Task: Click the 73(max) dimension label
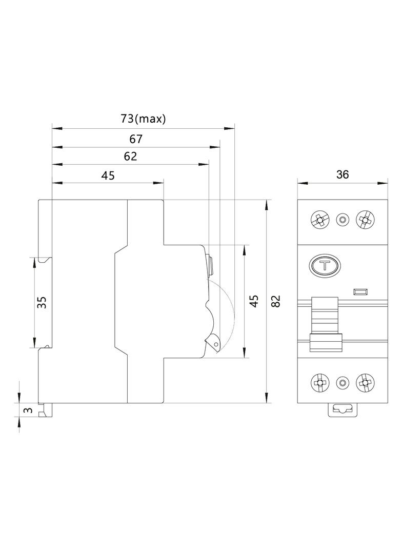coord(143,119)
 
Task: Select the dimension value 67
coord(136,139)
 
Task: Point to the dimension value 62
coord(131,157)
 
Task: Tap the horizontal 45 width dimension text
coord(108,175)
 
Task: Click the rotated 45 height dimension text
coord(253,301)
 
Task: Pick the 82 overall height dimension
coord(275,301)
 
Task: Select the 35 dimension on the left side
coord(43,302)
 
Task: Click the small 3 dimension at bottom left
coord(28,410)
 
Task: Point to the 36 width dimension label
coord(342,174)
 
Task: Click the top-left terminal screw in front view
coord(319,220)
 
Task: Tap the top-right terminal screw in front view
coord(365,220)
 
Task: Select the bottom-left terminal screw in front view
coord(319,382)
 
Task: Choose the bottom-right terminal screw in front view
coord(365,382)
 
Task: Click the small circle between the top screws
coord(342,220)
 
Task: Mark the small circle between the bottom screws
coord(342,382)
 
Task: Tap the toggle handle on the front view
coord(326,323)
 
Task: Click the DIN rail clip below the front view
coord(342,409)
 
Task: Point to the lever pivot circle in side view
coord(216,345)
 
